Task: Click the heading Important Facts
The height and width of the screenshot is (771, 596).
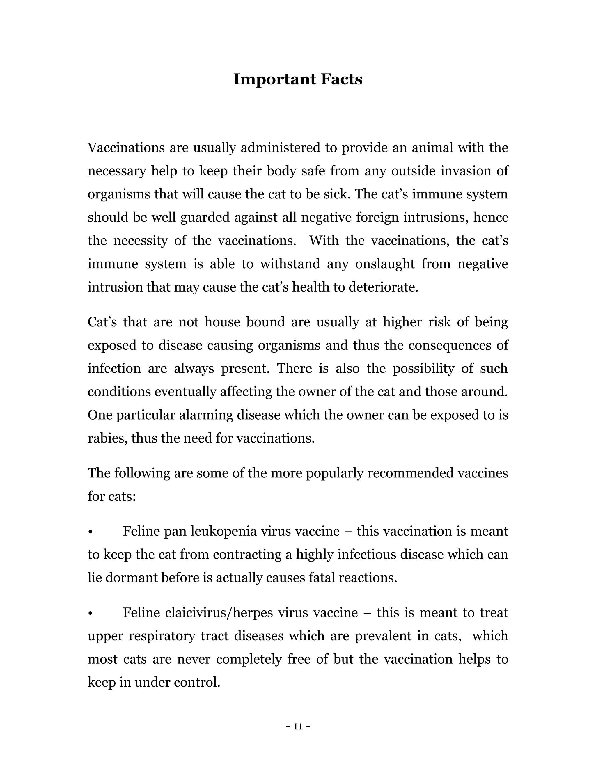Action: pyautogui.click(x=298, y=79)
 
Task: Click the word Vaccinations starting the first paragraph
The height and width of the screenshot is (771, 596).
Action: pyautogui.click(x=126, y=148)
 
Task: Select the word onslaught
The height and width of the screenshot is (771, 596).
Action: pyautogui.click(x=385, y=264)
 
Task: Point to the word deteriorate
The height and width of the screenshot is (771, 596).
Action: pyautogui.click(x=383, y=287)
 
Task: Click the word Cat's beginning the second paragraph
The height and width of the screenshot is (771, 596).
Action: pyautogui.click(x=102, y=322)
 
